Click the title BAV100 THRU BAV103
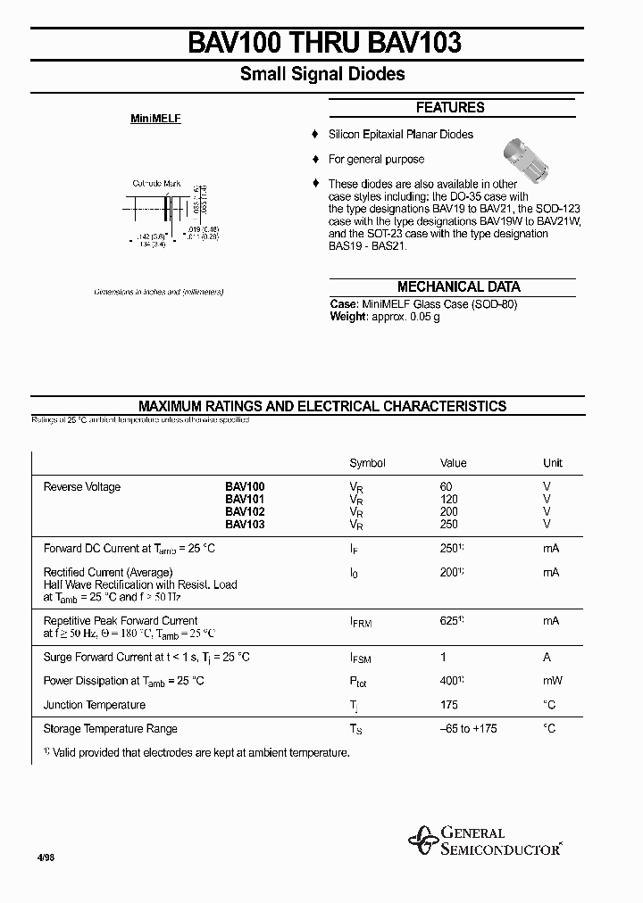pyautogui.click(x=324, y=42)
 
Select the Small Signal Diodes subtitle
pyautogui.click(x=322, y=74)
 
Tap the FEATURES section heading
pyautogui.click(x=450, y=107)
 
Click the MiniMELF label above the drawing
pyautogui.click(x=156, y=119)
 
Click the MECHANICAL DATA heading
pyautogui.click(x=458, y=287)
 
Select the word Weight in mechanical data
pyautogui.click(x=348, y=317)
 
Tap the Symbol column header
pyautogui.click(x=367, y=463)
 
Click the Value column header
pyautogui.click(x=454, y=463)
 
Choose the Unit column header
pyautogui.click(x=553, y=463)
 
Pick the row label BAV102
pyautogui.click(x=245, y=512)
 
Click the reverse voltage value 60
pyautogui.click(x=447, y=487)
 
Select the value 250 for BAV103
pyautogui.click(x=448, y=525)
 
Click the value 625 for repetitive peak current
pyautogui.click(x=450, y=620)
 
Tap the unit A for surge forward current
pyautogui.click(x=547, y=657)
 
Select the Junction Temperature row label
pyautogui.click(x=95, y=705)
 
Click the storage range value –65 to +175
pyautogui.click(x=469, y=729)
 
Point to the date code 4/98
pyautogui.click(x=45, y=856)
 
